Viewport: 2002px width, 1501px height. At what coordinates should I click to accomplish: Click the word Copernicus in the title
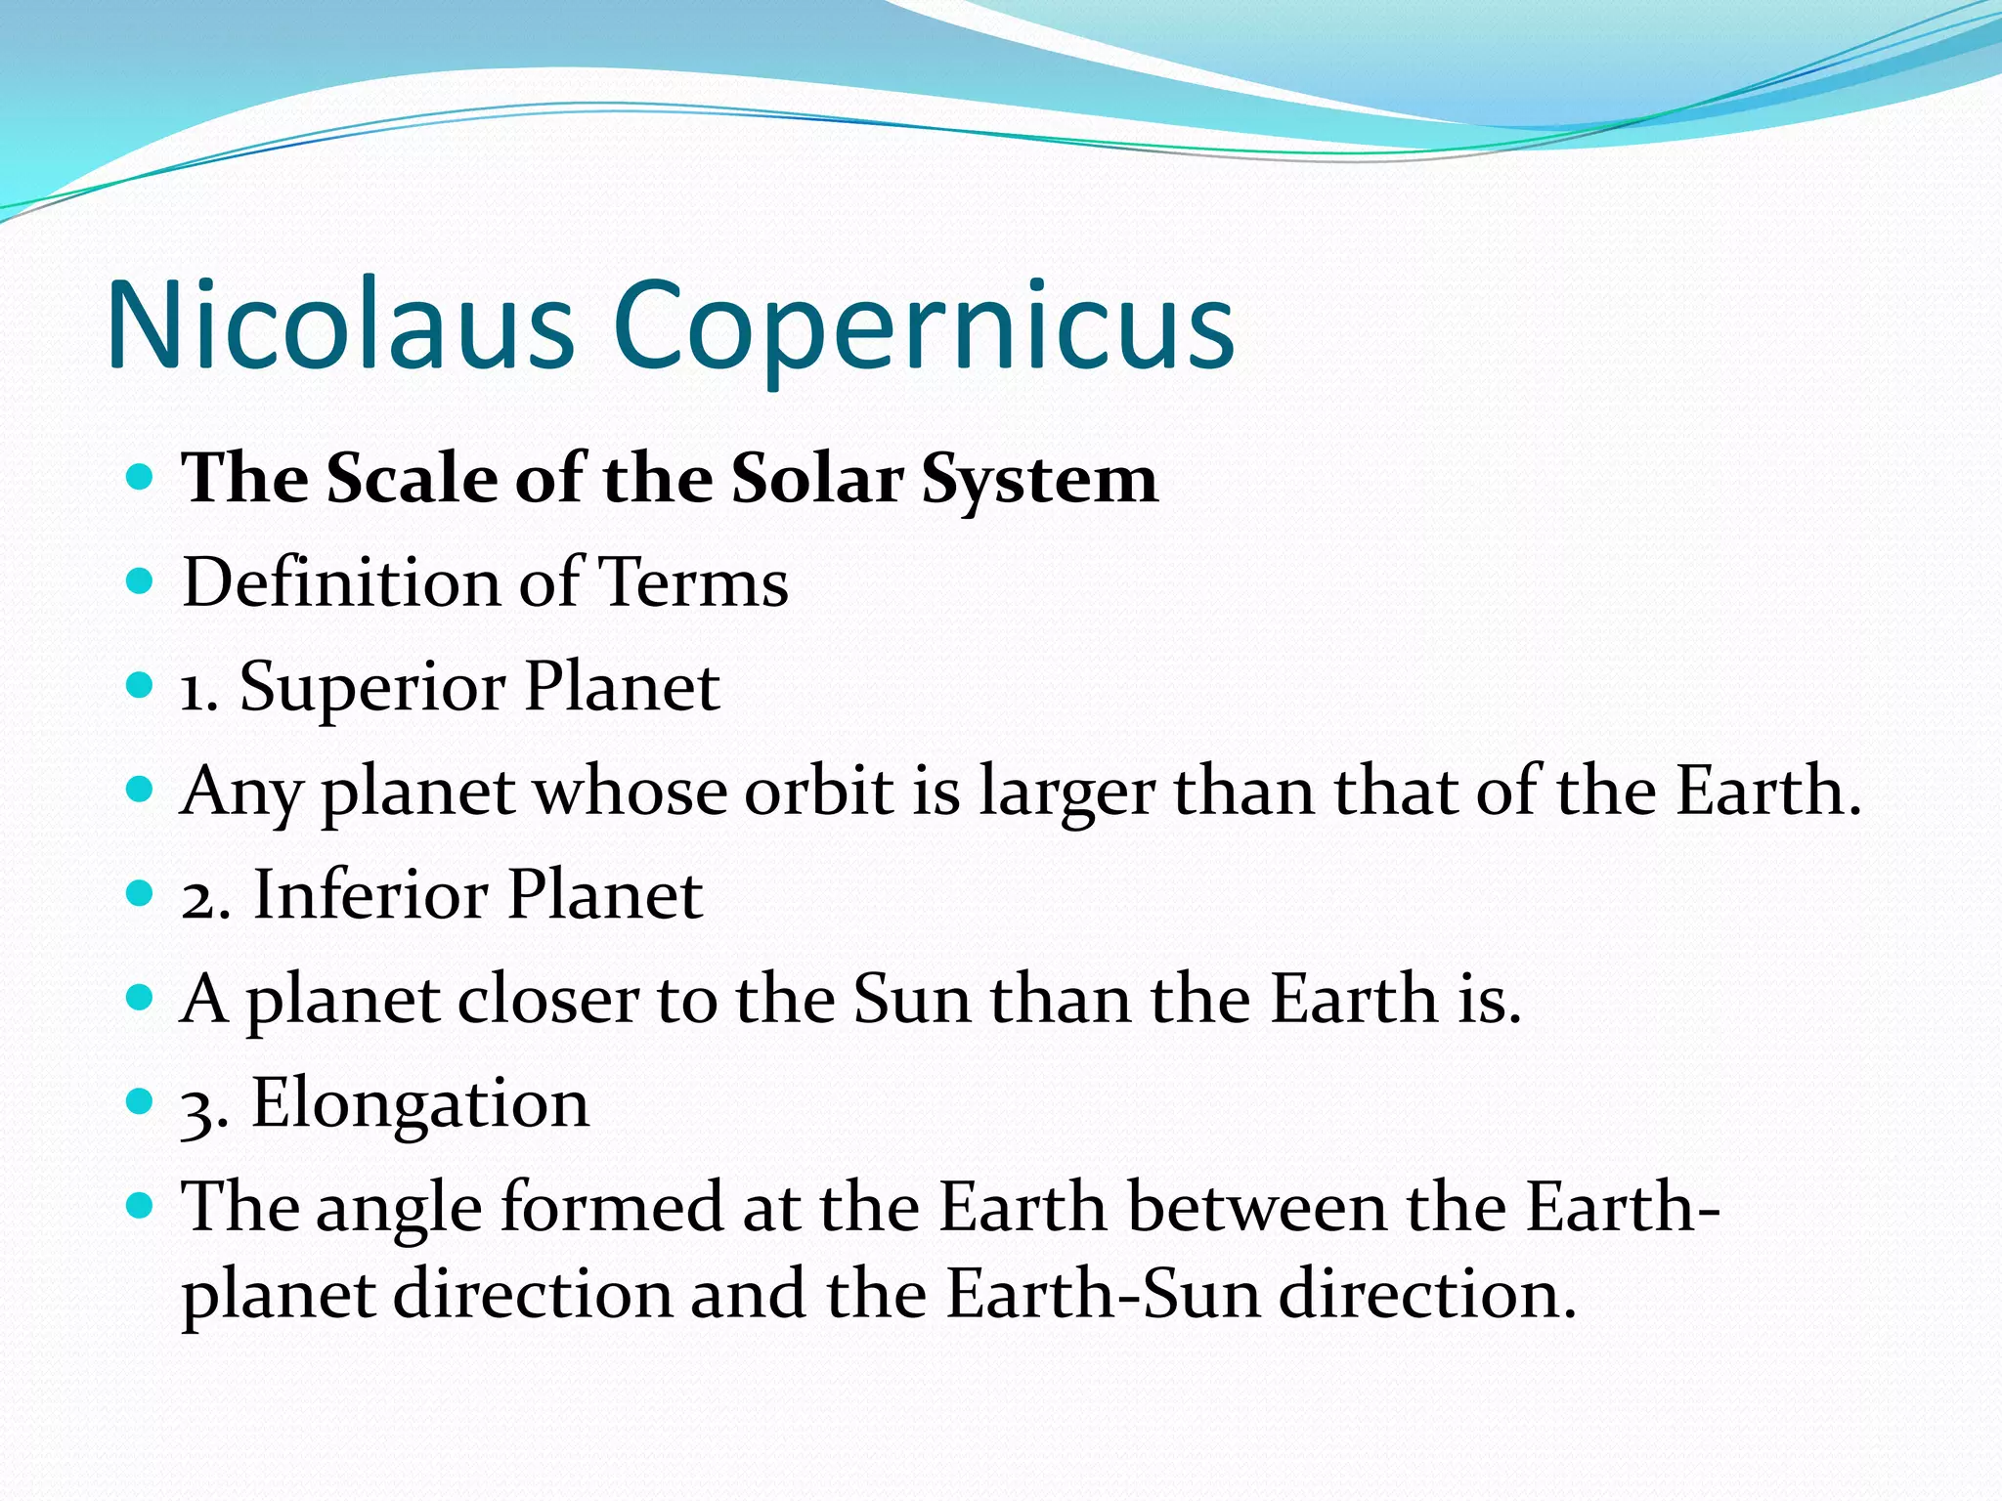tap(924, 327)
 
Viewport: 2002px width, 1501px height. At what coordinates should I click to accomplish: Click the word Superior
tap(372, 688)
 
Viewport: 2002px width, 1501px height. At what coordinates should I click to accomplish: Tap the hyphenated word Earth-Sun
tap(1103, 1295)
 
